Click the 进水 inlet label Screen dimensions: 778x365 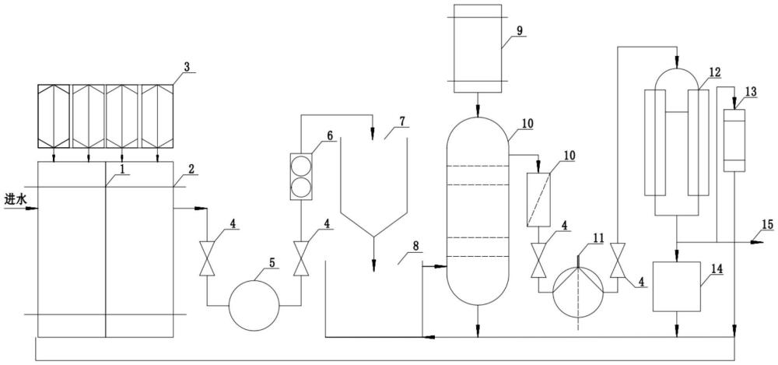13,200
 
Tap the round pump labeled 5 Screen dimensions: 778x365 254,305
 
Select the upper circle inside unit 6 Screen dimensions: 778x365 301,166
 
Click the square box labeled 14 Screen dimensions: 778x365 677,286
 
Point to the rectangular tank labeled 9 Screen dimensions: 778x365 478,49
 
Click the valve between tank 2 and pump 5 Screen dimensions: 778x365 207,258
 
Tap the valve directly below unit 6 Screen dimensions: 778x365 300,258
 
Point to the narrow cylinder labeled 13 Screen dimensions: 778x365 735,141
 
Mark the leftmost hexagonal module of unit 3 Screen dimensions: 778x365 54,116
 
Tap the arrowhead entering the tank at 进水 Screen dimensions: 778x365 32,209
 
